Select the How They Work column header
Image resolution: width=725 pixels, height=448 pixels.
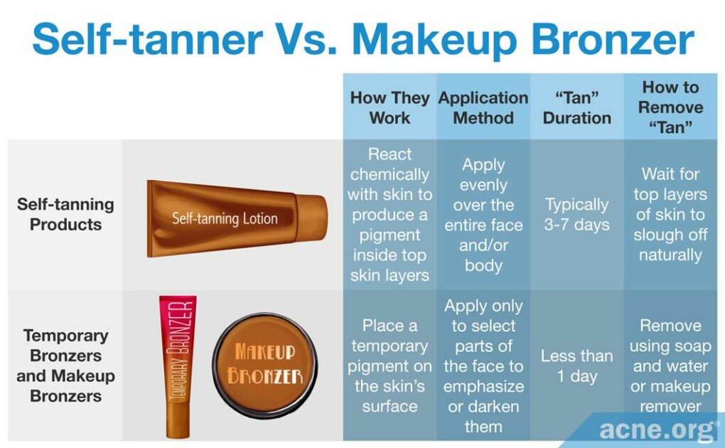tap(390, 107)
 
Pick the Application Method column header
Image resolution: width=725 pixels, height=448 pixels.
tap(483, 107)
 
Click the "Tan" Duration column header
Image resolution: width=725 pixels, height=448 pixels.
tap(576, 107)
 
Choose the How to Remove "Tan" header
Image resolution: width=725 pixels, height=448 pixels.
tap(670, 107)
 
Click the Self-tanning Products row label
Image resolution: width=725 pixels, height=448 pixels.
tap(65, 214)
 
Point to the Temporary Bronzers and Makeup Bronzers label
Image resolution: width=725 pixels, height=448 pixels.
tap(65, 366)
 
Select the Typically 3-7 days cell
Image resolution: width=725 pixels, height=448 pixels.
tap(576, 214)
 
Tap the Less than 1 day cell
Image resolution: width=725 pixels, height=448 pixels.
tap(576, 366)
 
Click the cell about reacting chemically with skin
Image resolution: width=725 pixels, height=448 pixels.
tap(390, 214)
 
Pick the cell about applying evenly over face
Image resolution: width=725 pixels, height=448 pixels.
tap(483, 214)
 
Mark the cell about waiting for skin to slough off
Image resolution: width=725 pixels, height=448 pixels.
tap(670, 214)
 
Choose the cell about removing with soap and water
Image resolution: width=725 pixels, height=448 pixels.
tap(670, 366)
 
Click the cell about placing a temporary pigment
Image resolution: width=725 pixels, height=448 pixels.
tap(390, 366)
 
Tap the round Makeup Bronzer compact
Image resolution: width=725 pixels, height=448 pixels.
tap(264, 364)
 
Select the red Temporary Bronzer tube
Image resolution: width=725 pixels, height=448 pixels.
tap(177, 363)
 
